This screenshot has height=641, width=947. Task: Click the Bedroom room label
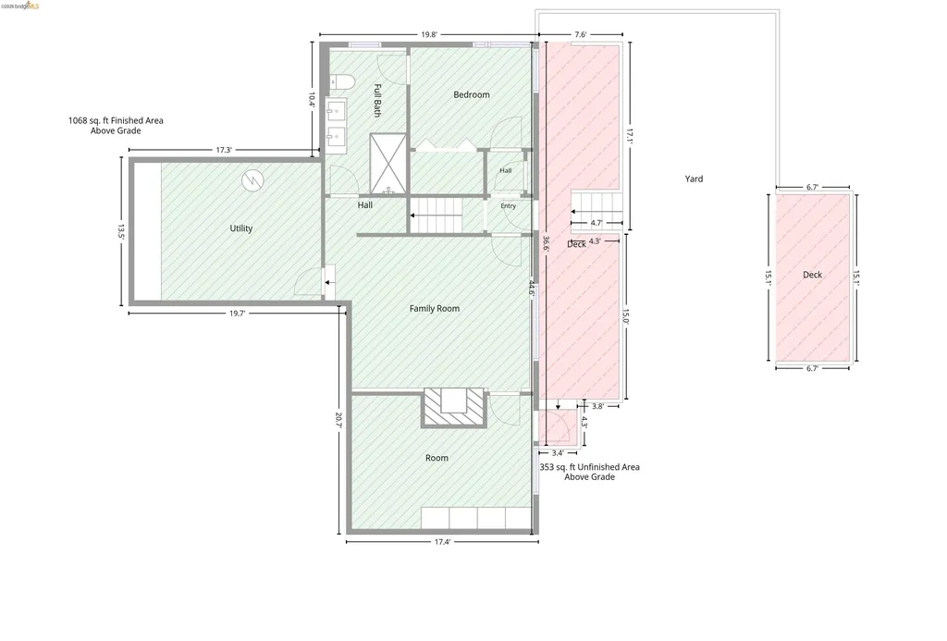(x=471, y=95)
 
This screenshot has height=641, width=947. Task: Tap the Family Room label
(x=435, y=309)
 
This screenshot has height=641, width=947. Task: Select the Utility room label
(x=241, y=228)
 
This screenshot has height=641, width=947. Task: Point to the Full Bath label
(x=377, y=100)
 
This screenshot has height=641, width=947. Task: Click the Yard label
(x=694, y=179)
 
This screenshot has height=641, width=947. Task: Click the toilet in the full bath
(x=337, y=81)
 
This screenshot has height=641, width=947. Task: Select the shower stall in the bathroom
(x=387, y=164)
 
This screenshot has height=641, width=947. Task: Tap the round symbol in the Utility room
(x=253, y=180)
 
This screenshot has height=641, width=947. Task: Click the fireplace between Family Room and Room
(x=453, y=408)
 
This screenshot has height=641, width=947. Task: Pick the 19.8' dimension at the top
(x=429, y=35)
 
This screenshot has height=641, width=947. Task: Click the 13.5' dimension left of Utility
(x=121, y=232)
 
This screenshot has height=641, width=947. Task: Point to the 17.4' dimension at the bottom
(x=442, y=542)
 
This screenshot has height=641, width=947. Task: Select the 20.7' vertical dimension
(x=338, y=421)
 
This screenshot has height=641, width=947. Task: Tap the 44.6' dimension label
(x=532, y=289)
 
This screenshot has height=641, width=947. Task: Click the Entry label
(x=508, y=206)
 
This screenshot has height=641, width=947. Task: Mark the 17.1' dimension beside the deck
(x=629, y=137)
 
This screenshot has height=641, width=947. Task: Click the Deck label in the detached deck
(x=812, y=275)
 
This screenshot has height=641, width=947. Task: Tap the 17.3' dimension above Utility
(x=224, y=150)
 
